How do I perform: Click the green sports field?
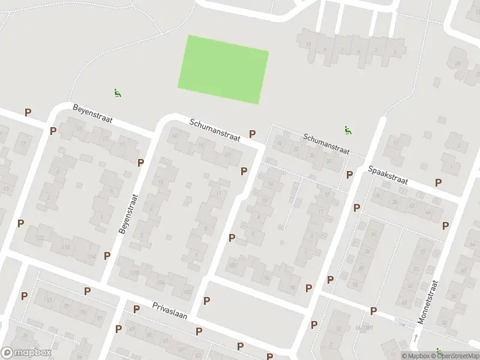click(x=223, y=69)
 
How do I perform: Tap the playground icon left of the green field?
click(x=118, y=93)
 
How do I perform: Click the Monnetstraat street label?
click(x=429, y=302)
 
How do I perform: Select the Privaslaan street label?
click(x=170, y=311)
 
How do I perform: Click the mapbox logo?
click(x=26, y=353)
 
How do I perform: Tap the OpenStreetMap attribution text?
click(x=454, y=356)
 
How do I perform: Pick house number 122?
click(x=40, y=239)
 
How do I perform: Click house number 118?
click(x=66, y=247)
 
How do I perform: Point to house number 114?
click(x=92, y=257)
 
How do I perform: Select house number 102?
click(x=188, y=292)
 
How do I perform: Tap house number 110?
click(x=134, y=273)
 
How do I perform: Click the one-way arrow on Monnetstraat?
click(x=415, y=339)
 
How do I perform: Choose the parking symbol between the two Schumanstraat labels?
click(x=253, y=134)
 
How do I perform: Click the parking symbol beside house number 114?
click(x=107, y=256)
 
